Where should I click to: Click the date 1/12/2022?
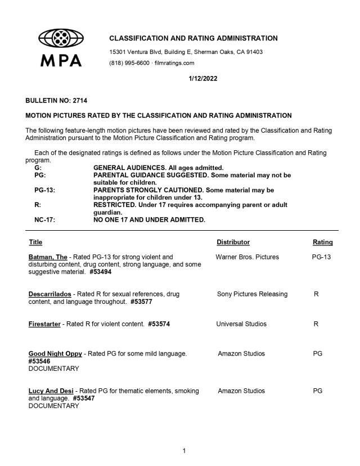pyautogui.click(x=204, y=79)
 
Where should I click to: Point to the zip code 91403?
pyautogui.click(x=253, y=52)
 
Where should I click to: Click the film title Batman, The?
pyautogui.click(x=51, y=257)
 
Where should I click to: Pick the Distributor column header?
pyautogui.click(x=233, y=242)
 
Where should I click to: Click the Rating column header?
pyautogui.click(x=322, y=242)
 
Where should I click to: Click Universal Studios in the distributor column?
pyautogui.click(x=242, y=324)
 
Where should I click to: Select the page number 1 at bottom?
pyautogui.click(x=180, y=450)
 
